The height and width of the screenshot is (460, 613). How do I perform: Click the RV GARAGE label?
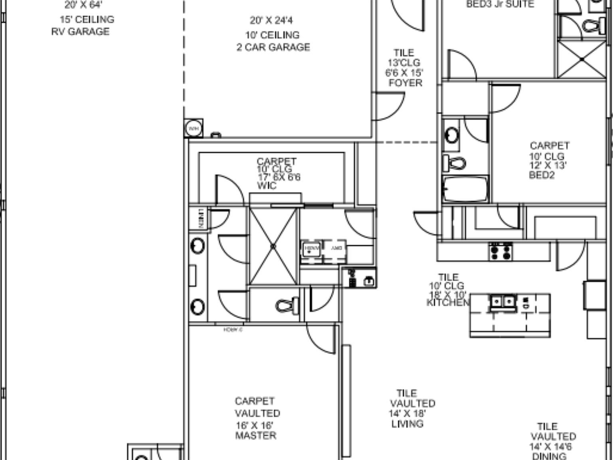point(80,32)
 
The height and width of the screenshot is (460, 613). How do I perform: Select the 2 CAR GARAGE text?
point(273,47)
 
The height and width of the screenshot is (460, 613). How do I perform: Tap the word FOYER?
point(405,83)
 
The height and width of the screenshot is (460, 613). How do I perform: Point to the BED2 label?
point(542,175)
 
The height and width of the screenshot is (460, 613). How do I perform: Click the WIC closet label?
point(267,186)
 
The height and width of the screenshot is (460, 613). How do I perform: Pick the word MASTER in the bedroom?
point(255,435)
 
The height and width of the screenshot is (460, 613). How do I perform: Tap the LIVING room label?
point(407,424)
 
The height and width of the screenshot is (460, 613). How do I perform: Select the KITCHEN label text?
point(448,303)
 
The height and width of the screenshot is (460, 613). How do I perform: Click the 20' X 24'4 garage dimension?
point(271,20)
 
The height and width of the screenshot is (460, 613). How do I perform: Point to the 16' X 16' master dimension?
point(254,425)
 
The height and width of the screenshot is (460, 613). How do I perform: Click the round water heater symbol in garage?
point(194,129)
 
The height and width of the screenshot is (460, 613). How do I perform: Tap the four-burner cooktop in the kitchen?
point(501,252)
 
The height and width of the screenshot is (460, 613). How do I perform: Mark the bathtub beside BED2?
point(465,189)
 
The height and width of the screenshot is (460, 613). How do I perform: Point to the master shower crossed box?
point(273,246)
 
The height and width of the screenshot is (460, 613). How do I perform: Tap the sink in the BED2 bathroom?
point(452,135)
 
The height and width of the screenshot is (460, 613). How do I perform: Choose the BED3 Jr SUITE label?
point(500,4)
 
